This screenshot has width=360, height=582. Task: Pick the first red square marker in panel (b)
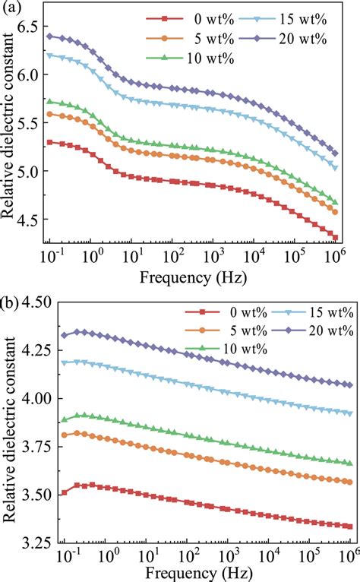[x=65, y=492]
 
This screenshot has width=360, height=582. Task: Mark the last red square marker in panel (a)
[x=336, y=238]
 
